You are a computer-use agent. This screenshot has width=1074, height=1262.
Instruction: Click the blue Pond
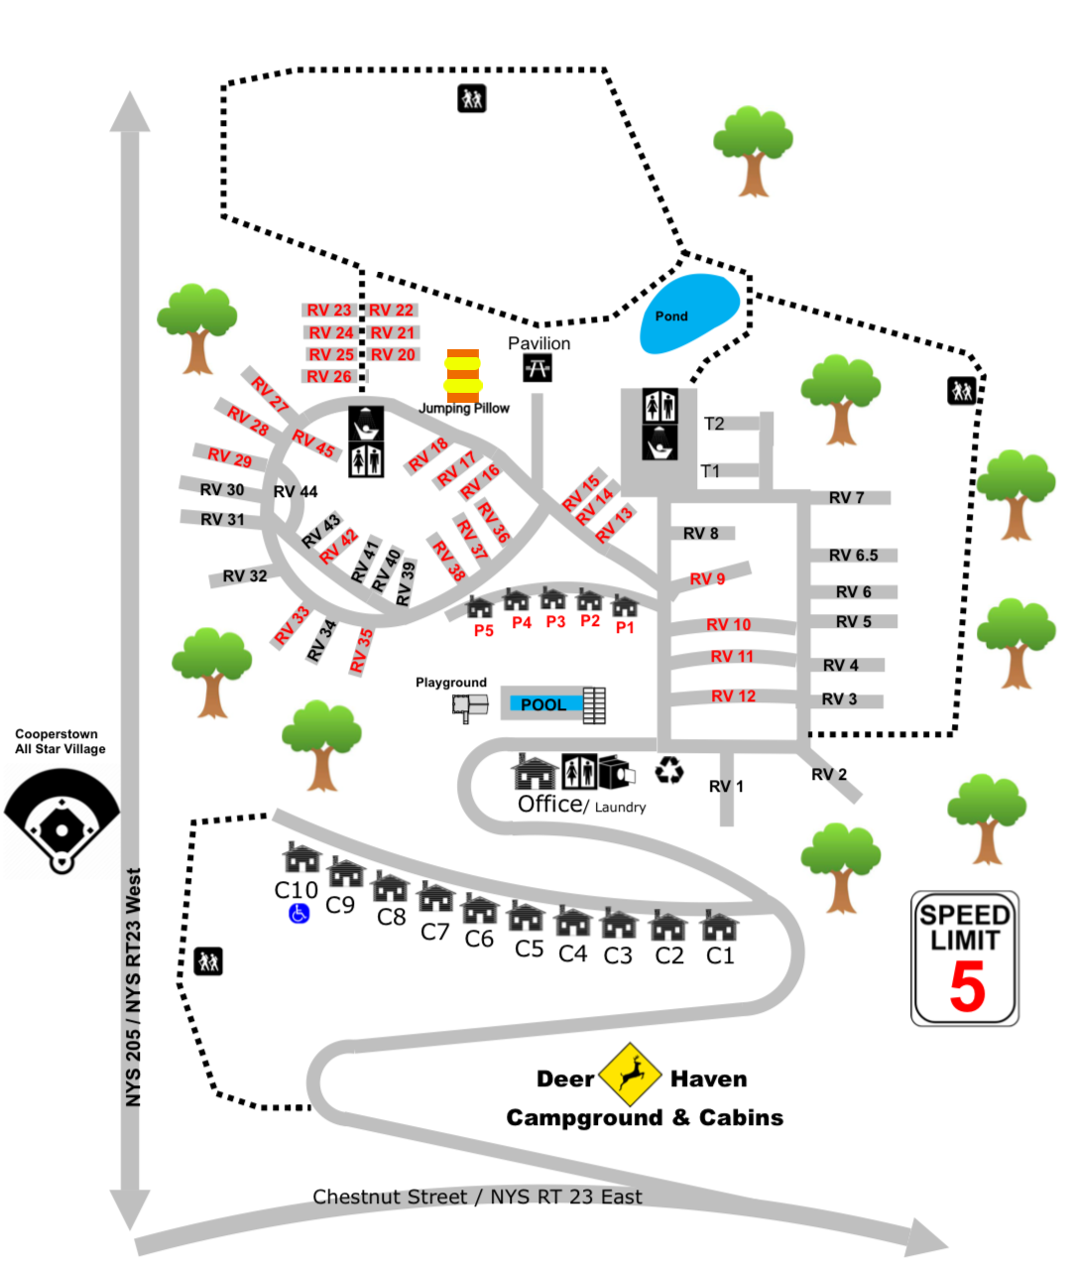click(x=690, y=314)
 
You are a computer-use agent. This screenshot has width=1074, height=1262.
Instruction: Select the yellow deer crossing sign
click(x=630, y=1074)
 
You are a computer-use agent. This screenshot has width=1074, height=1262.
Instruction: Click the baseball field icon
click(x=61, y=821)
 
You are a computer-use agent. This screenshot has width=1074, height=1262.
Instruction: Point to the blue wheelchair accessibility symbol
click(x=298, y=913)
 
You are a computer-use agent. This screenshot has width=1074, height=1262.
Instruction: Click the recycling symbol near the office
click(x=669, y=770)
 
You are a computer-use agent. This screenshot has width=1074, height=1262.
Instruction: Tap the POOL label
click(x=543, y=704)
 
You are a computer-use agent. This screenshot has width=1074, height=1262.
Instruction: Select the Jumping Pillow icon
click(x=463, y=376)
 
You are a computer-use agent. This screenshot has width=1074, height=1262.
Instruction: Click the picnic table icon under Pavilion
click(x=537, y=368)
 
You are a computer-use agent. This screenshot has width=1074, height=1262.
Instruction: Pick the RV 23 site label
click(x=329, y=311)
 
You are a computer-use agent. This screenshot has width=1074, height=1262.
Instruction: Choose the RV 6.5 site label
click(x=853, y=556)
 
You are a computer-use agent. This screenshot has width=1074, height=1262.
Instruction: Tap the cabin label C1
click(x=720, y=955)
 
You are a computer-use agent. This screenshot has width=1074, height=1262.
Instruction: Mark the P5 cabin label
click(x=483, y=631)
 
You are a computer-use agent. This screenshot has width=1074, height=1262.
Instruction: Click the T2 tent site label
click(x=714, y=424)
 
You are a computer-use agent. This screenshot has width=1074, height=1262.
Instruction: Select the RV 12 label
click(x=733, y=696)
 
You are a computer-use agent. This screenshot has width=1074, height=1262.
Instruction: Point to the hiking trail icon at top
click(x=471, y=98)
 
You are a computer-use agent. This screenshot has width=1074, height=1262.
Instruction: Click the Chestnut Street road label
click(x=477, y=1198)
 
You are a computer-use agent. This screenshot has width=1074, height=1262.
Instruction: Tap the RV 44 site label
click(x=296, y=492)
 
